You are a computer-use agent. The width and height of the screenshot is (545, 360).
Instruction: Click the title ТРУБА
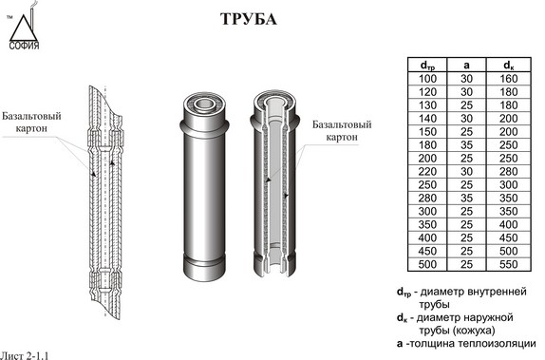click(249, 19)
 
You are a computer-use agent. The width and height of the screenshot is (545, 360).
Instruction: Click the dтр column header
click(427, 66)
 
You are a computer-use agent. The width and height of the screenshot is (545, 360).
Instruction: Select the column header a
click(466, 66)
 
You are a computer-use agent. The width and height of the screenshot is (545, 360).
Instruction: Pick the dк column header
click(509, 66)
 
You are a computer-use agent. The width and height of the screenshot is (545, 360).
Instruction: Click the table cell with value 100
click(427, 79)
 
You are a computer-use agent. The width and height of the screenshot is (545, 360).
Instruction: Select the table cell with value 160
click(509, 79)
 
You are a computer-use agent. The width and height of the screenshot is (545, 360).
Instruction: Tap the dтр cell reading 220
click(427, 172)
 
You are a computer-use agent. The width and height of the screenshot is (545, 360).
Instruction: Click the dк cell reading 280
click(509, 172)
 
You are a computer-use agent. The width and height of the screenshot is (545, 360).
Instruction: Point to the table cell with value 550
click(509, 264)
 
